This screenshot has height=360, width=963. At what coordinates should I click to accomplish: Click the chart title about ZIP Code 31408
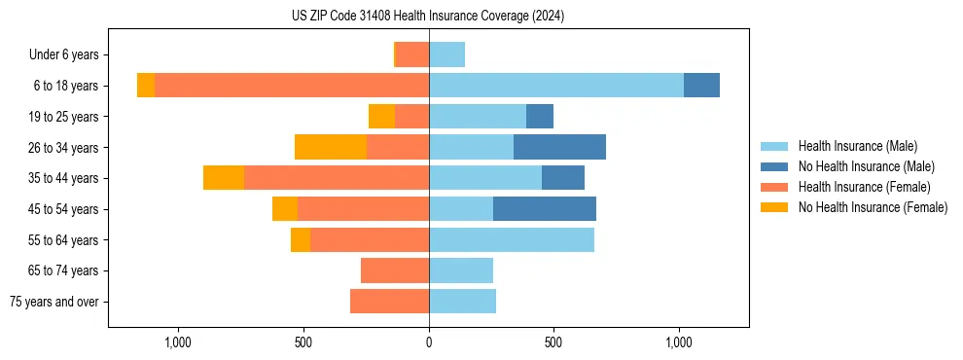(428, 16)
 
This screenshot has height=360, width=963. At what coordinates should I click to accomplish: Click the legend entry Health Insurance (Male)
(857, 146)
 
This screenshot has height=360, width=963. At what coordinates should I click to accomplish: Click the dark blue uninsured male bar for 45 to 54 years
(545, 209)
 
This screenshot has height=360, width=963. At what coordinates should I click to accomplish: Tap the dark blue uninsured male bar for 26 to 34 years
(559, 147)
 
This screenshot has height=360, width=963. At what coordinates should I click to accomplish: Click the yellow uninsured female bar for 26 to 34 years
(331, 147)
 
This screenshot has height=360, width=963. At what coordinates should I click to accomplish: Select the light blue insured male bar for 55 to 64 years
(512, 239)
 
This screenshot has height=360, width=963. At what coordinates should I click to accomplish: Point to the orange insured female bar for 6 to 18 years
(292, 86)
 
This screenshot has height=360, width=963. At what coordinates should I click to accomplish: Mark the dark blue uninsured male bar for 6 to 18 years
(701, 86)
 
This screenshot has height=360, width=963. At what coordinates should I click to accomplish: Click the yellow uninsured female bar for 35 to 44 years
(224, 178)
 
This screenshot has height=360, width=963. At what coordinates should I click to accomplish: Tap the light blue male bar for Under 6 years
(446, 54)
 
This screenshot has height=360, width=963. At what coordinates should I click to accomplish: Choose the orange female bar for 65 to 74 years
(395, 270)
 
